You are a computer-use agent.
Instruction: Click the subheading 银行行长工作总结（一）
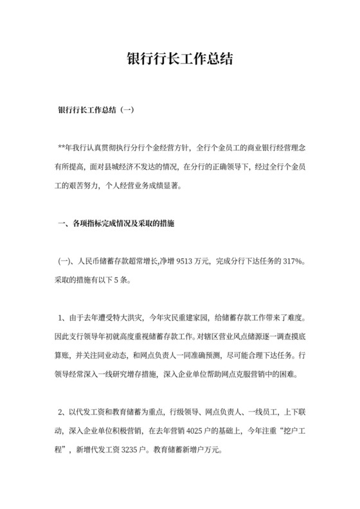point(96,110)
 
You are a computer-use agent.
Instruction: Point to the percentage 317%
point(291,263)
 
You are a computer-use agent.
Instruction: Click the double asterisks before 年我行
point(62,148)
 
